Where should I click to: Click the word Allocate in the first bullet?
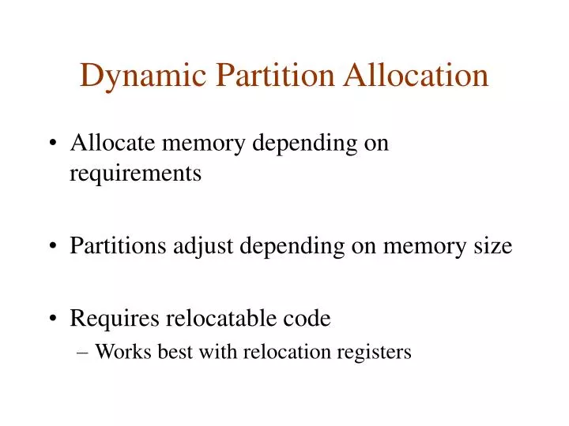click(x=106, y=144)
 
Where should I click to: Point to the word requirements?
click(x=135, y=174)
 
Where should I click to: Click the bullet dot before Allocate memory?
click(x=52, y=145)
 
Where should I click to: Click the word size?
click(x=491, y=246)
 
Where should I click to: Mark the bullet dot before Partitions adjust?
click(x=52, y=247)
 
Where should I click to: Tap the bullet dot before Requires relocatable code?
click(x=52, y=319)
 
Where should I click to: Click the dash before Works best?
click(x=85, y=353)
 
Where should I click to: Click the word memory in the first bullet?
click(x=198, y=144)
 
